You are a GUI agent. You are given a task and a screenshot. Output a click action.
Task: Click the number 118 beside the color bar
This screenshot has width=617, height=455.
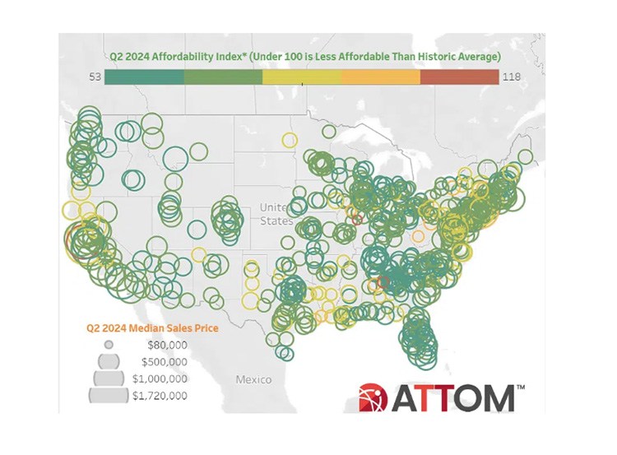(x=513, y=77)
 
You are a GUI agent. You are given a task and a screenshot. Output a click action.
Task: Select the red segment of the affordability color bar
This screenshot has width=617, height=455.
(x=458, y=77)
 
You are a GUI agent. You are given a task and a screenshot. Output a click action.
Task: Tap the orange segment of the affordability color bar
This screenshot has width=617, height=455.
(x=380, y=77)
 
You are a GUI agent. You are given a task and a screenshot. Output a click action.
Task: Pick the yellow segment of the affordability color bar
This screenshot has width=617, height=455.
(x=301, y=77)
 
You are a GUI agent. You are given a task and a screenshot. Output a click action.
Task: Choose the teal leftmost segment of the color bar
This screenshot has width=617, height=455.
(x=146, y=77)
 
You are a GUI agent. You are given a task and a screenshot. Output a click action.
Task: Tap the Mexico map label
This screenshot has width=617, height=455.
(x=253, y=380)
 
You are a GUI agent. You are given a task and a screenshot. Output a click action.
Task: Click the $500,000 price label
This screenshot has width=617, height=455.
(x=165, y=361)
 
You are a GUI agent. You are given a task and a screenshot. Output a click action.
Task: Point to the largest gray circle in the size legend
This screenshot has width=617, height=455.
(x=108, y=396)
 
